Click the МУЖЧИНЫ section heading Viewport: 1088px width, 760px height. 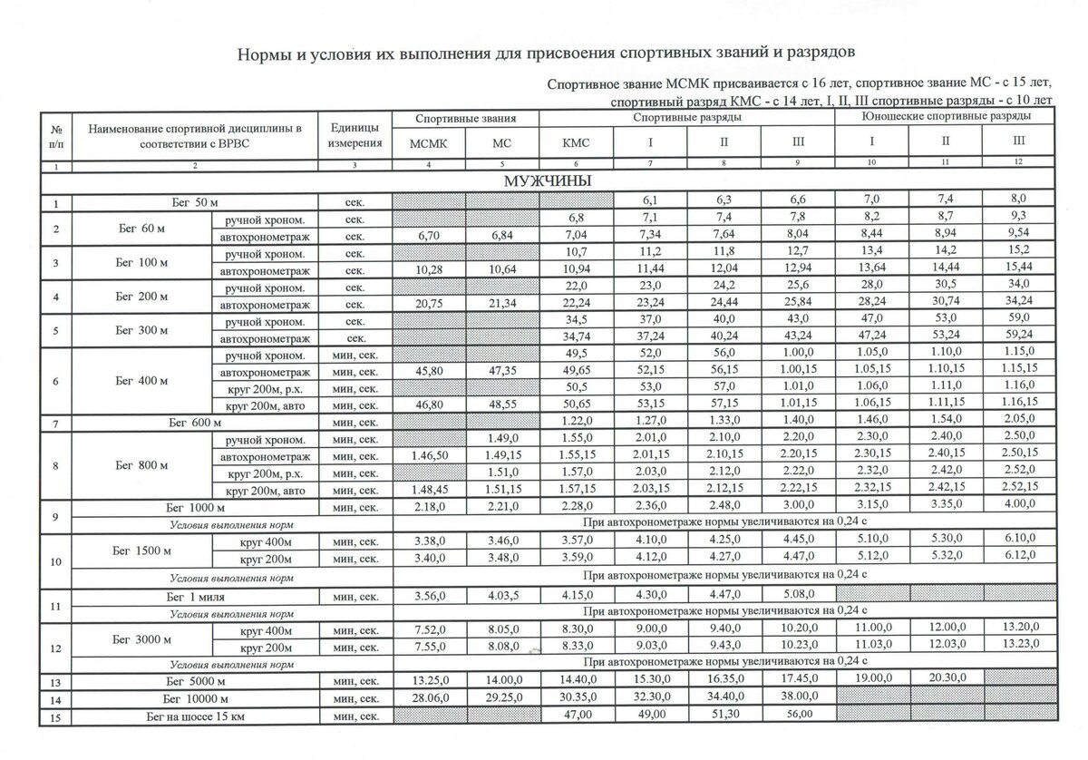pyautogui.click(x=548, y=181)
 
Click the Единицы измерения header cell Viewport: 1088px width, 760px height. pyautogui.click(x=355, y=134)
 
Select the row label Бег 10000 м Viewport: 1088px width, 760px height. pyautogui.click(x=196, y=698)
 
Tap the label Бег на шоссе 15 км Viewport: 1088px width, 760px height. pyautogui.click(x=196, y=716)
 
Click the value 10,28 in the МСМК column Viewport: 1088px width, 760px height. pyautogui.click(x=429, y=270)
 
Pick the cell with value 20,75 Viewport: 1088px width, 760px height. pyautogui.click(x=429, y=305)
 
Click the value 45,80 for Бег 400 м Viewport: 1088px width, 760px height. pyautogui.click(x=429, y=373)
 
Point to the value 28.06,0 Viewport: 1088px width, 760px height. pyautogui.click(x=429, y=698)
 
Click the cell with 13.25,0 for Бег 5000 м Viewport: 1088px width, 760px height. pyautogui.click(x=429, y=680)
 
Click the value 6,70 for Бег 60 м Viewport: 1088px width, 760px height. pyautogui.click(x=429, y=236)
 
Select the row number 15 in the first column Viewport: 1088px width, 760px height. pyautogui.click(x=57, y=716)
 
